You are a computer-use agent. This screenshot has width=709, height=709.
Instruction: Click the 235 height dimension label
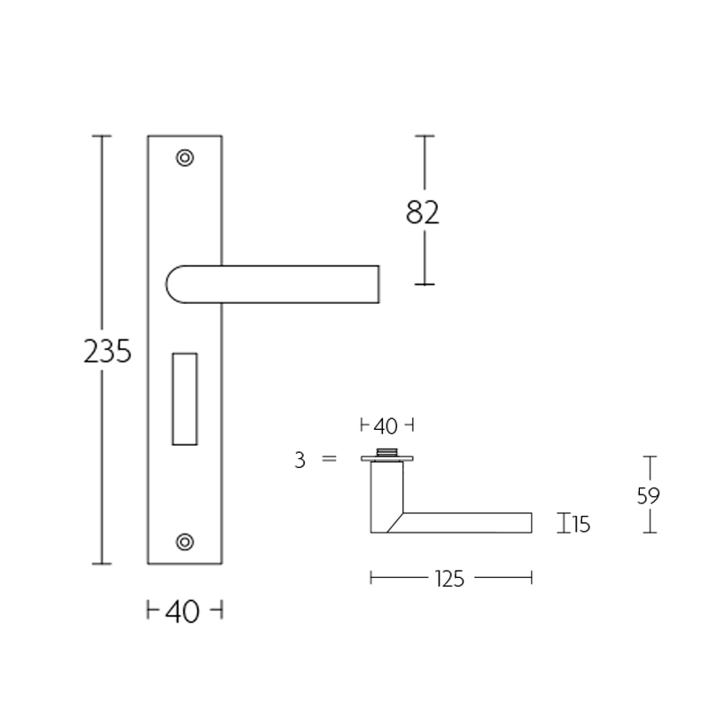[x=107, y=352]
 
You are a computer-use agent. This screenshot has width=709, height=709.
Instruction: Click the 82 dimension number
[x=423, y=213]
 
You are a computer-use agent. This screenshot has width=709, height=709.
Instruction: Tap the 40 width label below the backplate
[x=183, y=612]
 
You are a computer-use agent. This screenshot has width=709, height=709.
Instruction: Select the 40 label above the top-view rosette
[x=386, y=427]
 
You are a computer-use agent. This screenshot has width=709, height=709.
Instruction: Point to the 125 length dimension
[x=450, y=579]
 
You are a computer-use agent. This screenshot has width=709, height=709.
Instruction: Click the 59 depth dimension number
[x=649, y=495]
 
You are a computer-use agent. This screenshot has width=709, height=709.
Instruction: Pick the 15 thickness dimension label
[x=580, y=526]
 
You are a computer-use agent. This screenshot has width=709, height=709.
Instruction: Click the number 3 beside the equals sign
[x=300, y=460]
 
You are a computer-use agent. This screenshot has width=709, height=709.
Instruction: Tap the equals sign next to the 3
[x=330, y=460]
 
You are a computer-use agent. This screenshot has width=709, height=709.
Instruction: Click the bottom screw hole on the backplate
[x=184, y=541]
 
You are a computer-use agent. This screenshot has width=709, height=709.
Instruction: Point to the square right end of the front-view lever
[x=372, y=284]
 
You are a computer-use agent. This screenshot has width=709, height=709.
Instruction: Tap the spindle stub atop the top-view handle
[x=386, y=453]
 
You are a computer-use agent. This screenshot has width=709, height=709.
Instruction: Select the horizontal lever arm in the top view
[x=470, y=523]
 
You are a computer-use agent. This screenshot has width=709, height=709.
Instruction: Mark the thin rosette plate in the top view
[x=386, y=460]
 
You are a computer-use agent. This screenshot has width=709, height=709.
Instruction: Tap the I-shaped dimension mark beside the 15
[x=563, y=524]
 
